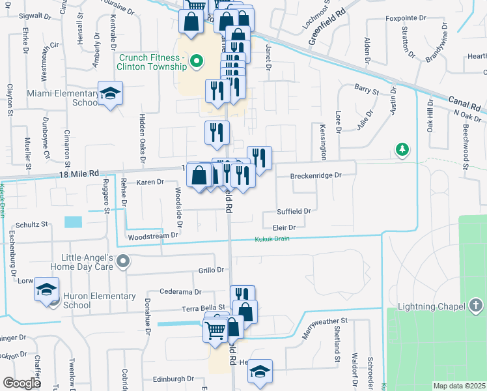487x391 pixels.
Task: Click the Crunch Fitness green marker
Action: point(194,63)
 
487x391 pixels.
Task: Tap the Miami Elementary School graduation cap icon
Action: point(110,93)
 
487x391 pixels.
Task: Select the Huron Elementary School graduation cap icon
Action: point(47,290)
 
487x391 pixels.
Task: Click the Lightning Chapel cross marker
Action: point(476,306)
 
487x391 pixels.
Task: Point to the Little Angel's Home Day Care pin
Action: point(124,261)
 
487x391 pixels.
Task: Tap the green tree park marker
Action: point(403,151)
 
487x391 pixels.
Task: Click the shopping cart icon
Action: point(216,329)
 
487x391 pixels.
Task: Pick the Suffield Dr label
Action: point(294,211)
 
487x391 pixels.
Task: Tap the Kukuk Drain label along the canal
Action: point(271,239)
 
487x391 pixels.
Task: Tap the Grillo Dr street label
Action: point(211,270)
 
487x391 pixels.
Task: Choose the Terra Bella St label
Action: point(203,307)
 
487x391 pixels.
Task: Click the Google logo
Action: point(21,383)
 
